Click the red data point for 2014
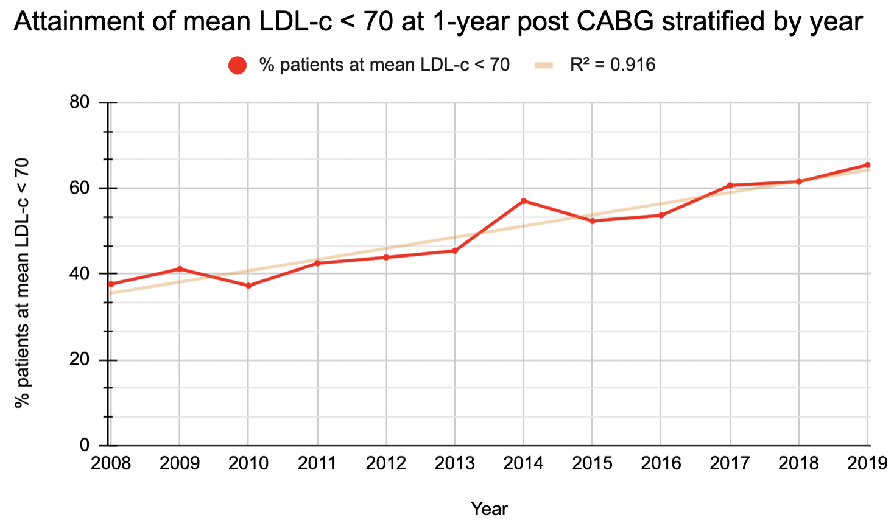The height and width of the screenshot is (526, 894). [524, 201]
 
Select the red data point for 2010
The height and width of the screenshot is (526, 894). [248, 286]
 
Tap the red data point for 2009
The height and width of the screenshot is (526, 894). [180, 268]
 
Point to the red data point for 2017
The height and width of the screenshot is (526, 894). [730, 185]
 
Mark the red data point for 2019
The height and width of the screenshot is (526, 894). [867, 165]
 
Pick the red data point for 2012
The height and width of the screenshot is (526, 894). [386, 258]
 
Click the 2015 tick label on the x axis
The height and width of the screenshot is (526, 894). [592, 464]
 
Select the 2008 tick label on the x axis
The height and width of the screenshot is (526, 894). [111, 464]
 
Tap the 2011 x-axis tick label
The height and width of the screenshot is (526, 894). [317, 464]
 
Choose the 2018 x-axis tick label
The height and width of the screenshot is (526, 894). [798, 464]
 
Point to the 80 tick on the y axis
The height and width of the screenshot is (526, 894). [80, 102]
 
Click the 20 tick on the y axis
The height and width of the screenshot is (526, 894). [80, 360]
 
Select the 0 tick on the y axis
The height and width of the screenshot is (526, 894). [85, 446]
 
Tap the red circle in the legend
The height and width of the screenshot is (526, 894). [238, 65]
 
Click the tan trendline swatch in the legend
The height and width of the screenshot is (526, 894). [544, 65]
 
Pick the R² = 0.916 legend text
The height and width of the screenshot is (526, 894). [613, 65]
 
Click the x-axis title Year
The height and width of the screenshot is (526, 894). [489, 508]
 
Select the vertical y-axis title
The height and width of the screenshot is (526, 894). [22, 283]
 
